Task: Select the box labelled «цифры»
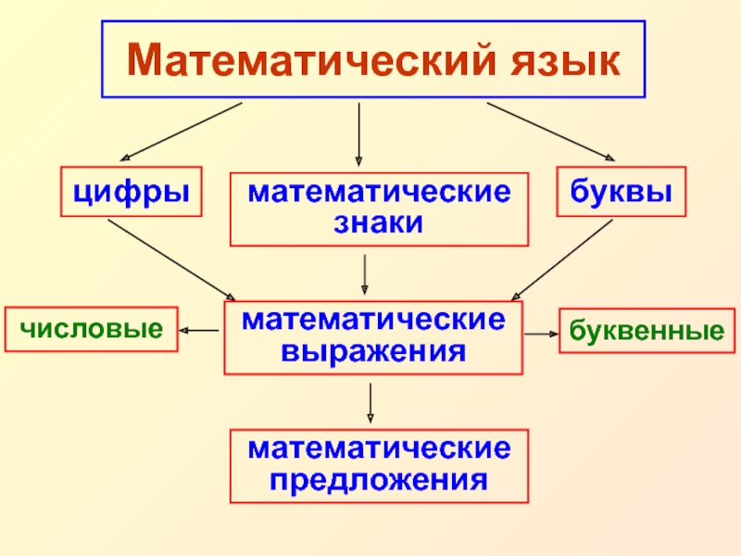tap(132, 192)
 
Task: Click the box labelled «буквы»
tap(622, 192)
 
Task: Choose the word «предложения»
tap(379, 482)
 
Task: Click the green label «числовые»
tap(91, 329)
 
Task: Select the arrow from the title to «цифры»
tap(181, 132)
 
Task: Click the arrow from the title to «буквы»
tap(553, 132)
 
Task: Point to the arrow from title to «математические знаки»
tap(359, 134)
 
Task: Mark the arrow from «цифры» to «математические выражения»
tap(172, 260)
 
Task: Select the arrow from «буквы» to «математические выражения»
tap(561, 260)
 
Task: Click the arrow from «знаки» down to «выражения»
tap(365, 274)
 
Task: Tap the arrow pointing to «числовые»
tap(200, 330)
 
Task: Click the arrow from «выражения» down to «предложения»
tap(370, 401)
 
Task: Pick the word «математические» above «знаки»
tap(378, 194)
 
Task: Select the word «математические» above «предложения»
tap(379, 450)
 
